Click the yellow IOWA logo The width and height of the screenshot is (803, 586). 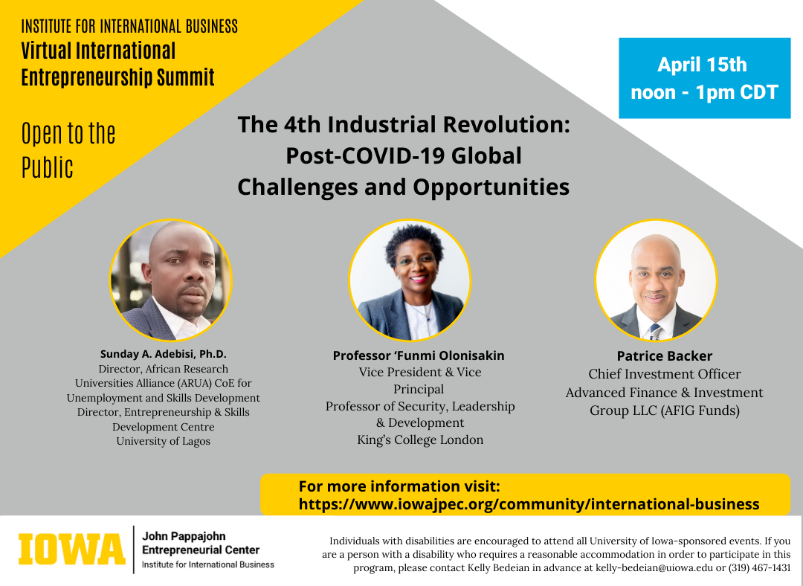pos(71,549)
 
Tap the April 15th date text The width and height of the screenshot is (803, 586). pos(702,65)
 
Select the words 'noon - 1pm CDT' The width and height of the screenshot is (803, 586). pos(704,93)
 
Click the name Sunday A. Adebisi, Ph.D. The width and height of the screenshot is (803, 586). pos(164,354)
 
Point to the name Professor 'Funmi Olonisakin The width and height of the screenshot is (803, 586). pos(419,355)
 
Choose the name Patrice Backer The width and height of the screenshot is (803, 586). pos(664,356)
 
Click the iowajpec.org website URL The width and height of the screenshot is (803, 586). pos(529,504)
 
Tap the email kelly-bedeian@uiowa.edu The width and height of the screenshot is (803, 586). pos(654,567)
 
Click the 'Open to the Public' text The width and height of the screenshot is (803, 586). pos(68,151)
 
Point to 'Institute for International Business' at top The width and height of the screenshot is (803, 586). pos(129,26)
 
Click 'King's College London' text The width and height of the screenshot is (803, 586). pos(420,440)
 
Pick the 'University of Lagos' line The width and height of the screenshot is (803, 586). pos(164,441)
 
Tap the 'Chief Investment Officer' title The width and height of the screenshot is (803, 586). pos(664,374)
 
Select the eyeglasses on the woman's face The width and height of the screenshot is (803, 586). pos(416,260)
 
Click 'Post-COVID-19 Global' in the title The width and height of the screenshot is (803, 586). pos(404,155)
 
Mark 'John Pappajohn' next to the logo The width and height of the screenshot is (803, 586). pos(184,536)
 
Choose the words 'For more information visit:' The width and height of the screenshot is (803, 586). pos(399,486)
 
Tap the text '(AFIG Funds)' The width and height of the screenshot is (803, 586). pos(700,410)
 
